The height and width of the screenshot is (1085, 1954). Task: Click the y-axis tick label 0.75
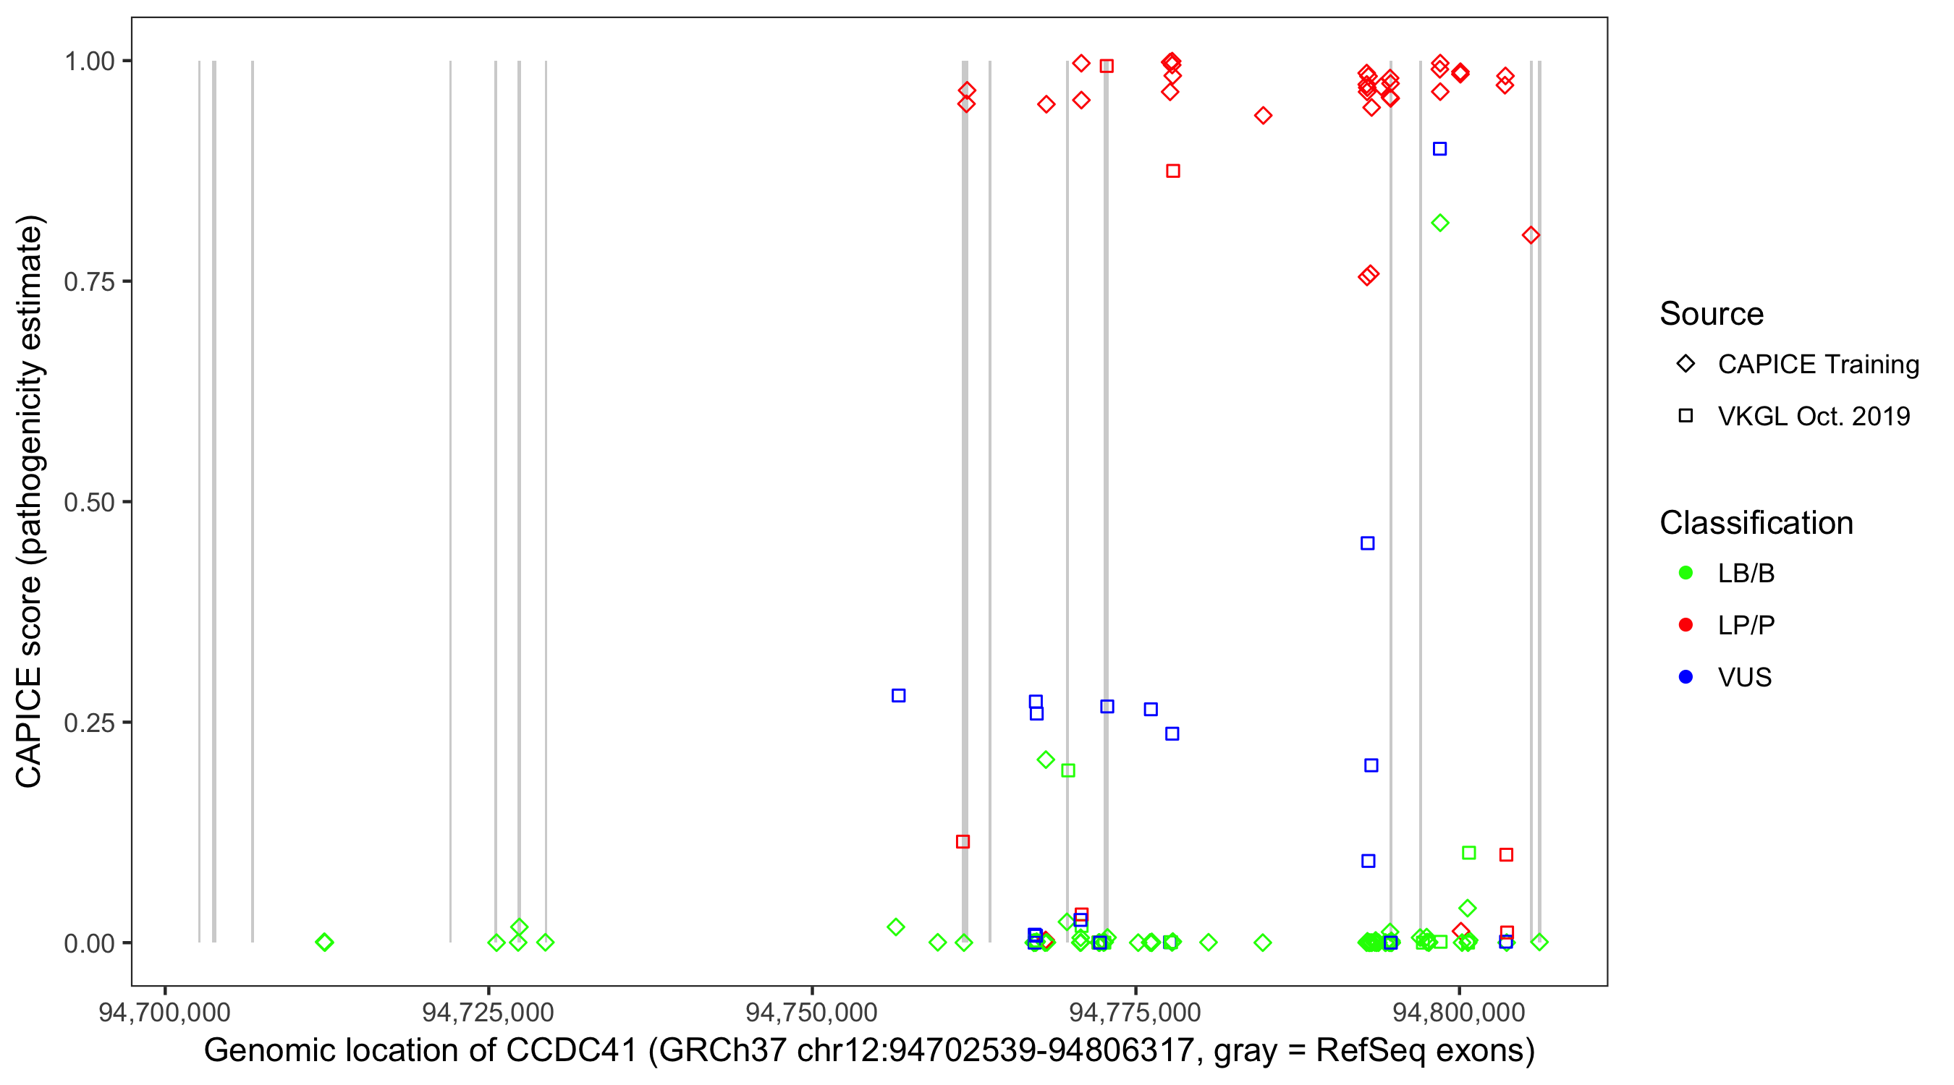point(88,281)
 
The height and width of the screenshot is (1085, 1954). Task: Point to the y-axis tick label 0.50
point(88,502)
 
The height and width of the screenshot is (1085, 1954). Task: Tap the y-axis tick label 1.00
point(88,61)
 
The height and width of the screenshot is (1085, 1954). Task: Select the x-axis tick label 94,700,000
point(164,1012)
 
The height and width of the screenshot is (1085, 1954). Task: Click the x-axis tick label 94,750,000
point(812,1012)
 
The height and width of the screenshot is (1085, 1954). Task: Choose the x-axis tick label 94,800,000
point(1459,1012)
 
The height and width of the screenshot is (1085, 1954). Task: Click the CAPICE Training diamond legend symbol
point(1686,364)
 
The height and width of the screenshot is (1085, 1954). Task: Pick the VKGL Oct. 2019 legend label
point(1814,416)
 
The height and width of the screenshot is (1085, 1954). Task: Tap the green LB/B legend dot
point(1686,573)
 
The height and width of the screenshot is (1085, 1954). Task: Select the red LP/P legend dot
point(1686,625)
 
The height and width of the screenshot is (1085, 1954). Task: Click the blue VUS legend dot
point(1686,677)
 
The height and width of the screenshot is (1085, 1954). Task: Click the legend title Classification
point(1756,523)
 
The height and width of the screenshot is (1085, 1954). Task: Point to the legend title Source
point(1712,314)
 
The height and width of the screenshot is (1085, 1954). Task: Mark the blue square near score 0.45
point(1367,543)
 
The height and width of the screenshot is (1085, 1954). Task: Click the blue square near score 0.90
point(1439,148)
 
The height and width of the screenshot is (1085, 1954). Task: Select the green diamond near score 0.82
point(1439,223)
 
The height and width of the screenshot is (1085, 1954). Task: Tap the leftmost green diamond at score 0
point(324,942)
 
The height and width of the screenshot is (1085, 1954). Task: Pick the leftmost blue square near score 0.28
point(898,695)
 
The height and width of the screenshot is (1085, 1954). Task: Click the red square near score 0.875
point(1172,171)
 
